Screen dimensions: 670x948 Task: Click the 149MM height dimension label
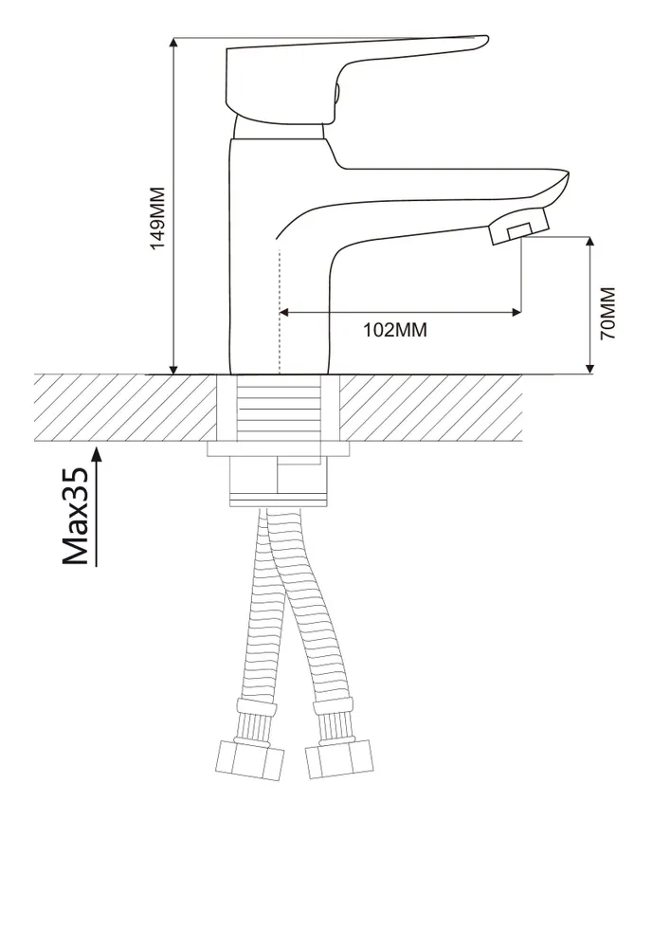(x=157, y=218)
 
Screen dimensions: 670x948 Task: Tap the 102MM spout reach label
(x=394, y=330)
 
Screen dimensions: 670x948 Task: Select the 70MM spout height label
(x=607, y=313)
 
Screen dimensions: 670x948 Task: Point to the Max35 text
(x=76, y=516)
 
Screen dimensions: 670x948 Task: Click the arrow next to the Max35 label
(x=97, y=506)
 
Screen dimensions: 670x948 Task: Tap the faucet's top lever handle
(x=356, y=79)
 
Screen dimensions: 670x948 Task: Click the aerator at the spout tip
(x=519, y=227)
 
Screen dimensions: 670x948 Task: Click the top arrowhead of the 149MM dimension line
(x=174, y=44)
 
